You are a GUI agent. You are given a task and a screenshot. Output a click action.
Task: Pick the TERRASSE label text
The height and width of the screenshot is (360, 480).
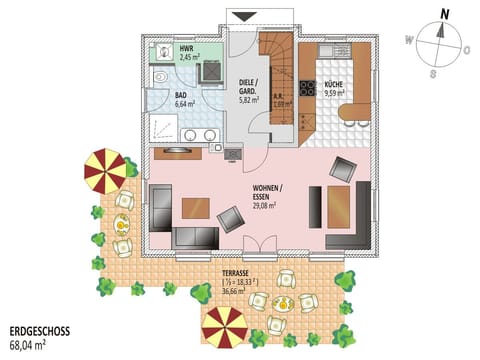(x=237, y=272)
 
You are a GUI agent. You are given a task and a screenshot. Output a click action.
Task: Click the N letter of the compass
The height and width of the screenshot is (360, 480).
(x=433, y=13)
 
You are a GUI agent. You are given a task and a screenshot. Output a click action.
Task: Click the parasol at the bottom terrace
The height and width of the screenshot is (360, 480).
(x=224, y=327)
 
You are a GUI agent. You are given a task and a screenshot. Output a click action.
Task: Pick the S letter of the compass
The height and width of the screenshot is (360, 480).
(x=432, y=72)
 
